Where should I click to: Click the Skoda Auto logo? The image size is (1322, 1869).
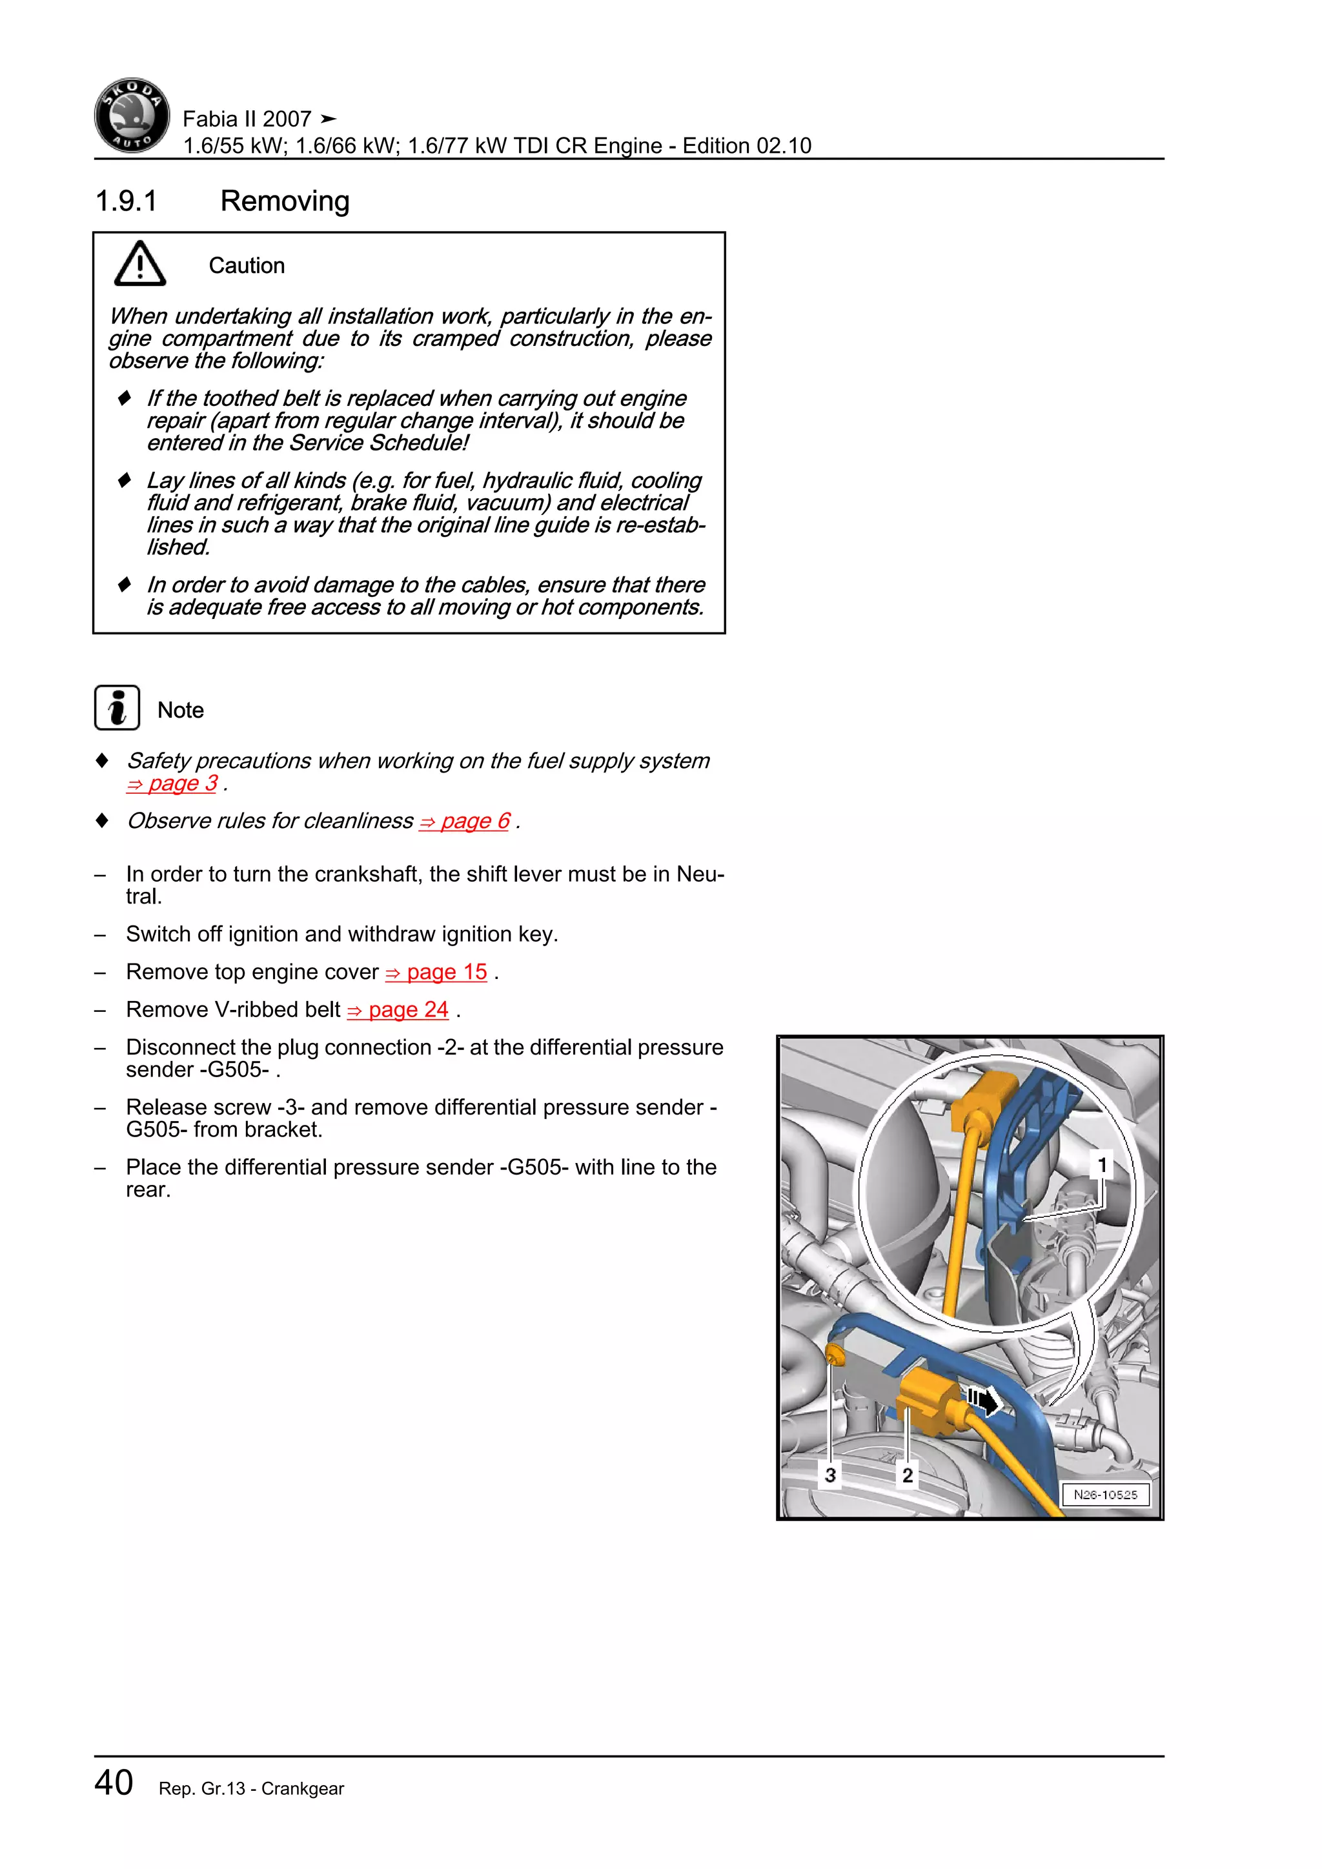click(x=132, y=116)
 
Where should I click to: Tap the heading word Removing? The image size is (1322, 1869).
click(x=284, y=201)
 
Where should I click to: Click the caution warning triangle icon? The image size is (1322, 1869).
click(x=140, y=264)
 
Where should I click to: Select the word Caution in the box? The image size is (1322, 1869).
click(x=246, y=266)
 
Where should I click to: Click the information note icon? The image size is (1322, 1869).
click(x=117, y=707)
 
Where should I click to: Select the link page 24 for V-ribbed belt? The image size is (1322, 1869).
click(x=398, y=1009)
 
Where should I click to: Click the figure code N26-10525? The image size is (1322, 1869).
click(x=1104, y=1495)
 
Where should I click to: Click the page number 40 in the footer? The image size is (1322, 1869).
click(x=114, y=1782)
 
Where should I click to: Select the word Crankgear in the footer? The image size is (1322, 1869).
click(x=302, y=1788)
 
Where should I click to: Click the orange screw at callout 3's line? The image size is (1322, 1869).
click(x=833, y=1355)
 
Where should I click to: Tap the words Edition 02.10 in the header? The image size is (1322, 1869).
click(x=746, y=146)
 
